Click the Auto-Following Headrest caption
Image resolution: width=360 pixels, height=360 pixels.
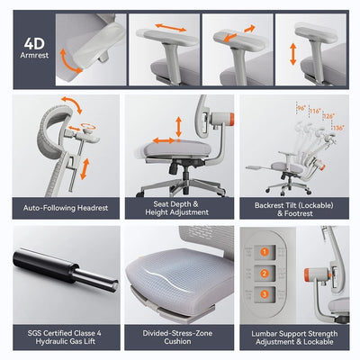click(x=66, y=207)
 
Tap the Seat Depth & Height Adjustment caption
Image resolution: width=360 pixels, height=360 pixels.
click(x=179, y=207)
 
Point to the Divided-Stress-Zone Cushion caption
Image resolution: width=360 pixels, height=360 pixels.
click(x=179, y=337)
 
